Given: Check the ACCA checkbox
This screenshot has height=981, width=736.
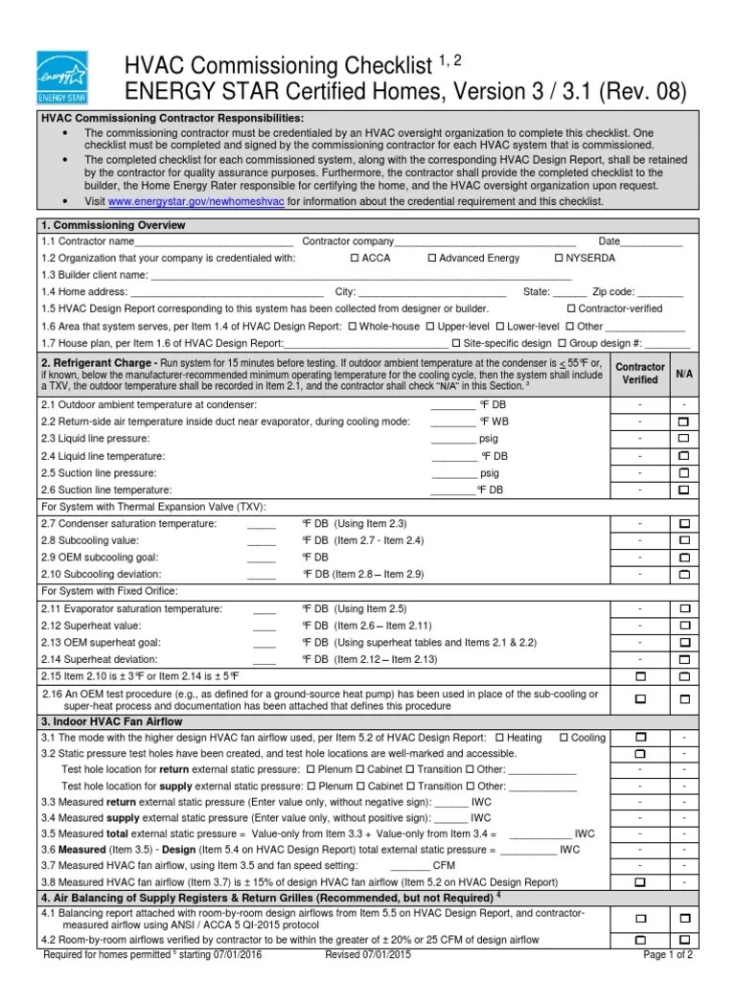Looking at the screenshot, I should tap(355, 258).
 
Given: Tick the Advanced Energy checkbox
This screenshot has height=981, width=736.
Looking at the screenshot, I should tap(431, 258).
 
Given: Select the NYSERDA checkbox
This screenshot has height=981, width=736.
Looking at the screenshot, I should tap(558, 258).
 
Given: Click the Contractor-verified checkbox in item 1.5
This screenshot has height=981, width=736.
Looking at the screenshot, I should tap(571, 308).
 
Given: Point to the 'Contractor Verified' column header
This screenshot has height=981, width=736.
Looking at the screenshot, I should tap(639, 373).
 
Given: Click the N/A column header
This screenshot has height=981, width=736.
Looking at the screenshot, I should tap(684, 373).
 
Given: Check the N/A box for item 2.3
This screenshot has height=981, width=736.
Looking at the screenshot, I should tap(684, 439).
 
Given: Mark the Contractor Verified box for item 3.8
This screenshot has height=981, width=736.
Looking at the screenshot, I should tap(639, 881).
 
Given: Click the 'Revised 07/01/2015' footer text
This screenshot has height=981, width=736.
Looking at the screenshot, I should tap(369, 955).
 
